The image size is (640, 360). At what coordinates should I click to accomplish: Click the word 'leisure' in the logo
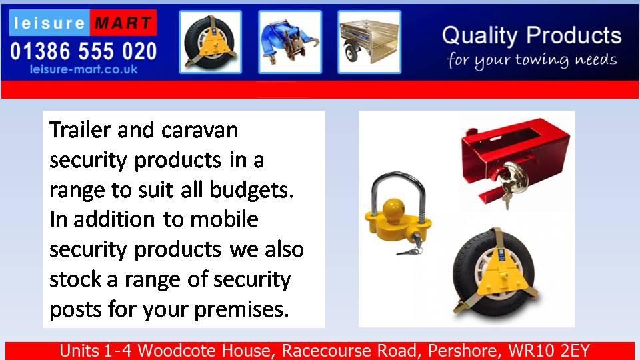(x=49, y=23)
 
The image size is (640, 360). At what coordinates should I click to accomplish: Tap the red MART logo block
(x=123, y=23)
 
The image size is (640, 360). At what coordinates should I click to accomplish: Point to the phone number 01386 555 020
(x=84, y=51)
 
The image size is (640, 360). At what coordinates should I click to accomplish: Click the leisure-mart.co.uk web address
(x=84, y=69)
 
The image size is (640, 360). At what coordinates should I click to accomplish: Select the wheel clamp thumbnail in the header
(x=211, y=42)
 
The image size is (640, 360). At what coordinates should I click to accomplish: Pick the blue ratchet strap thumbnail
(x=290, y=42)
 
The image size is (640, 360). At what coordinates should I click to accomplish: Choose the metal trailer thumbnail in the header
(x=369, y=42)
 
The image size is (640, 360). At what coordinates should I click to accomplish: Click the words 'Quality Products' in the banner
(x=531, y=35)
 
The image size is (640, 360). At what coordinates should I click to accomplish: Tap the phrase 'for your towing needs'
(x=532, y=61)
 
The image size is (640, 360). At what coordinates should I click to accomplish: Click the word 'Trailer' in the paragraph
(x=81, y=130)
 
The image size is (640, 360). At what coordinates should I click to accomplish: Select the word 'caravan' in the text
(x=199, y=131)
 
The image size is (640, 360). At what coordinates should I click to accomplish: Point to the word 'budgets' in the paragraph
(x=251, y=190)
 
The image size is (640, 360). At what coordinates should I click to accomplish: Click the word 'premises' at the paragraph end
(x=241, y=310)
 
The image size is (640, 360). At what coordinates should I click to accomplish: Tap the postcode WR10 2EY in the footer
(x=549, y=351)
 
